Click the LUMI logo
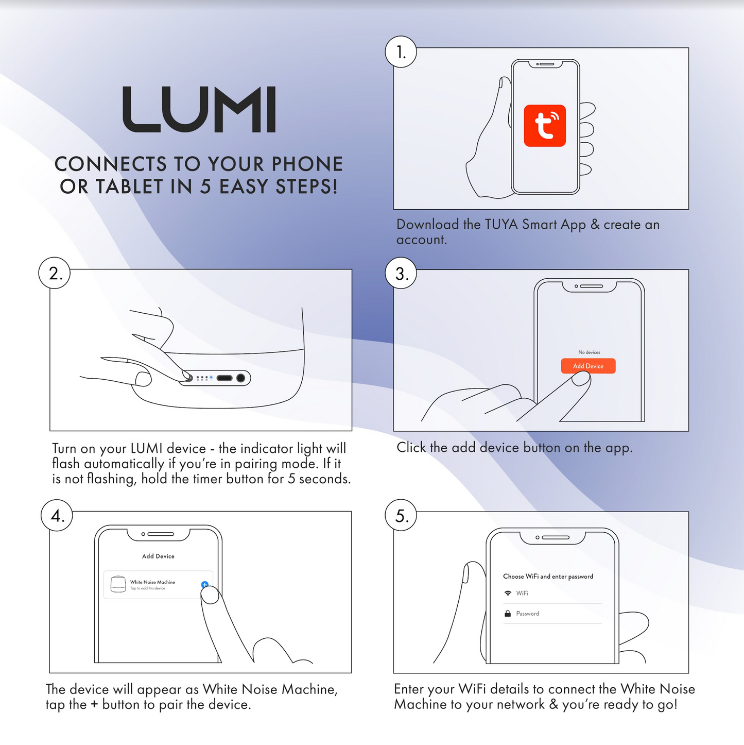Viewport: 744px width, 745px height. coord(199,109)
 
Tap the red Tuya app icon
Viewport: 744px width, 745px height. coord(545,126)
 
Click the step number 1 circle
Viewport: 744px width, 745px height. coord(401,52)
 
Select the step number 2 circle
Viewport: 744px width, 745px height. coord(55,273)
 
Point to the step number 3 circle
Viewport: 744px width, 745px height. coord(401,273)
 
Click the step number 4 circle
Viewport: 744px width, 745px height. coord(57,515)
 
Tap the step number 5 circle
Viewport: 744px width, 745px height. coord(401,515)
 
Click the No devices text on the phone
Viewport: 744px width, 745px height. coord(589,352)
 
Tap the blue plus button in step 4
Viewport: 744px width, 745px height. coord(205,585)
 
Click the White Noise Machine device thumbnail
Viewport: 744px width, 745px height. coord(118,584)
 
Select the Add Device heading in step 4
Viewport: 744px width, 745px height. coord(158,556)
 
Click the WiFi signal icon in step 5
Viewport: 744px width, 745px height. coord(508,593)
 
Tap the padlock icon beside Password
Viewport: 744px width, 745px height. coord(508,613)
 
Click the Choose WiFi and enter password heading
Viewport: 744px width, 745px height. coord(548,577)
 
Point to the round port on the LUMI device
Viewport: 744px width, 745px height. coord(241,378)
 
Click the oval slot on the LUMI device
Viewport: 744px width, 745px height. coord(224,378)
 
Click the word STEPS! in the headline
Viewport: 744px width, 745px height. coord(307,187)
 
